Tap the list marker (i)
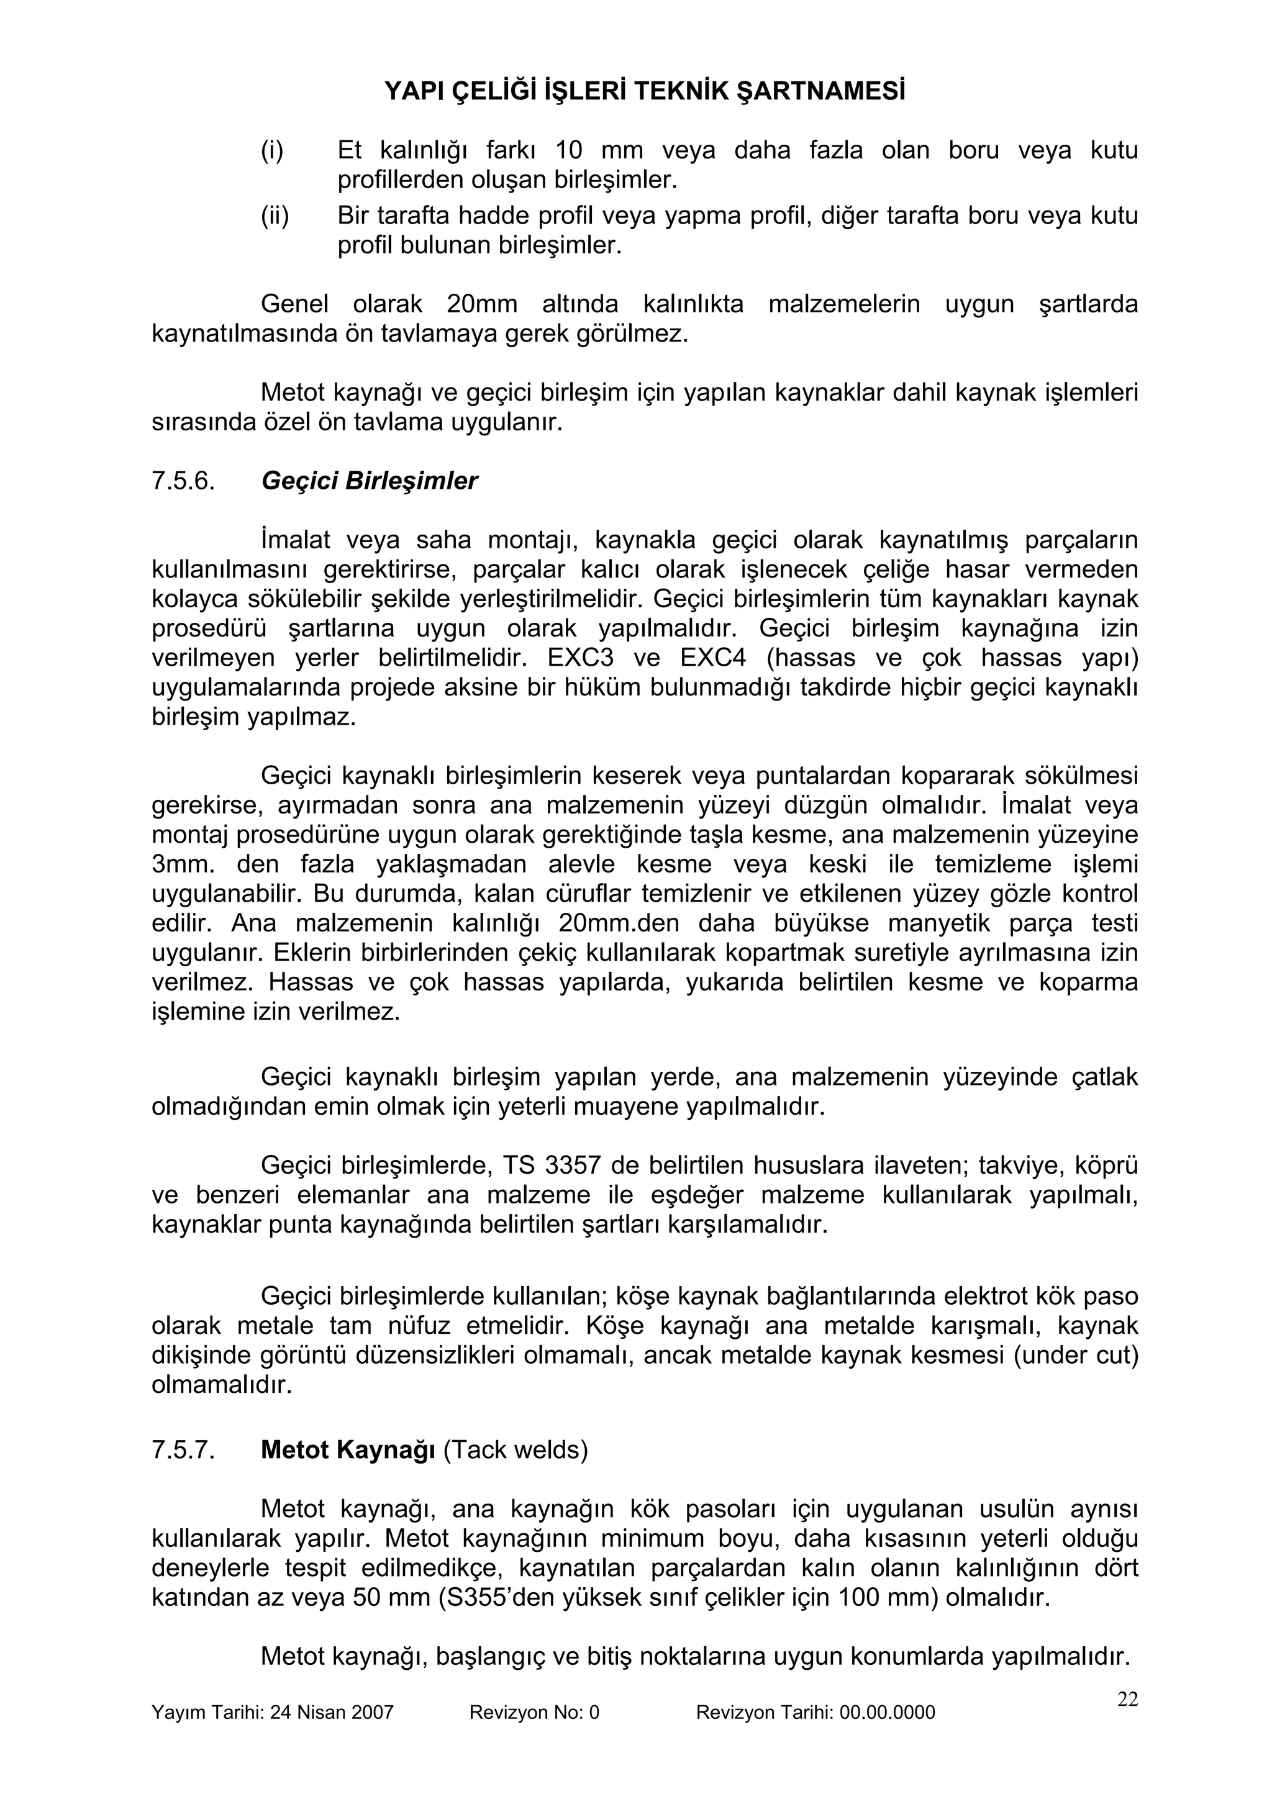(272, 150)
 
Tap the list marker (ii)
(275, 215)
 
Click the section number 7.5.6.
(183, 481)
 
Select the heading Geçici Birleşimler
(368, 481)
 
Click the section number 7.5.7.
(183, 1451)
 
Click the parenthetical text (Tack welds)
(516, 1451)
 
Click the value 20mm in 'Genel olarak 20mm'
(477, 304)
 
